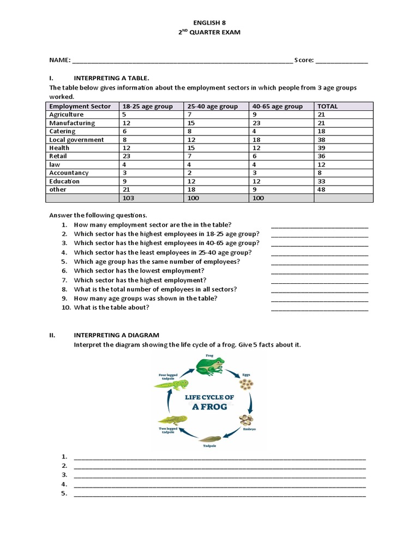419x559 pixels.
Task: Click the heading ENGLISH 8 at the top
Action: click(x=209, y=22)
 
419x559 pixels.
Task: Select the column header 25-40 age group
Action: click(x=213, y=106)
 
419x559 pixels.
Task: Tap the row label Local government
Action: click(x=76, y=140)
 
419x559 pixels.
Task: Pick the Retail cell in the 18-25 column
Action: click(x=126, y=156)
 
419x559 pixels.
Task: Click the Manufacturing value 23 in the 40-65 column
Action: click(x=256, y=123)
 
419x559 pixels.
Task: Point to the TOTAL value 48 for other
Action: click(x=321, y=189)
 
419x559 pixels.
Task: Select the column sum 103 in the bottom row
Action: click(x=129, y=198)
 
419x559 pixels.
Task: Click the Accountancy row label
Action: click(x=69, y=173)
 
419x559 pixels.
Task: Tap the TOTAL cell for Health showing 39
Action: click(x=321, y=148)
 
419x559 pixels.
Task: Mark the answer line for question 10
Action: click(x=319, y=309)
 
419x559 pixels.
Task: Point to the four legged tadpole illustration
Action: click(x=171, y=384)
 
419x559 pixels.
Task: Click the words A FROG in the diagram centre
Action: click(x=209, y=407)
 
